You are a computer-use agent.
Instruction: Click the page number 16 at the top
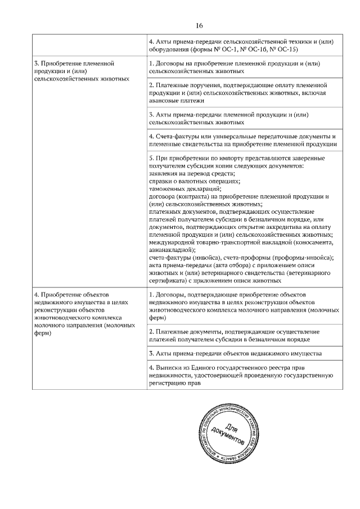199,26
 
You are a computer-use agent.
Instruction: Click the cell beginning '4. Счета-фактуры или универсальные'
242,140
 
